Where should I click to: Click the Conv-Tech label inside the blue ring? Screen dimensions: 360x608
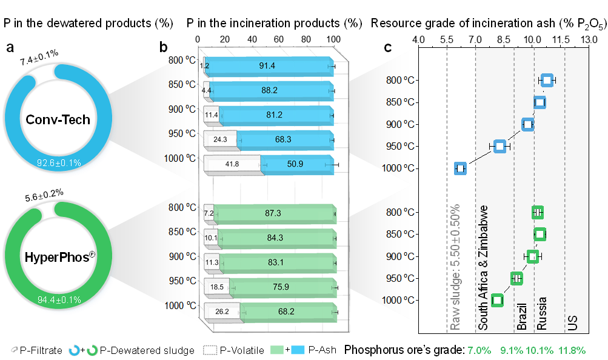click(x=58, y=119)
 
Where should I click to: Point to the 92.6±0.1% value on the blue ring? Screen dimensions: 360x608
click(x=58, y=162)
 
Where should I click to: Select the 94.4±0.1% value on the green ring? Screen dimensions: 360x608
click(x=58, y=300)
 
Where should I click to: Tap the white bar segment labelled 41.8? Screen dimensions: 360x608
click(x=232, y=164)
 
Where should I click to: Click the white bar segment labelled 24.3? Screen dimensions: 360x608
click(x=216, y=139)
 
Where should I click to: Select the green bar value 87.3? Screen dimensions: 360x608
click(x=274, y=213)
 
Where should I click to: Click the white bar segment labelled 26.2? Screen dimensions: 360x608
click(x=222, y=312)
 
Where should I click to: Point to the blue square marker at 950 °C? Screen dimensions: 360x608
click(x=499, y=146)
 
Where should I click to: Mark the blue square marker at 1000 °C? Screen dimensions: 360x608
click(x=461, y=168)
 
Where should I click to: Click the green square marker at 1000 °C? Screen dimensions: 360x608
click(x=498, y=300)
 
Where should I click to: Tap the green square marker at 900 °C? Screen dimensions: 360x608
click(x=533, y=256)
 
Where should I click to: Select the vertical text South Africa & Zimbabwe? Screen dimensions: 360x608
click(x=483, y=267)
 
